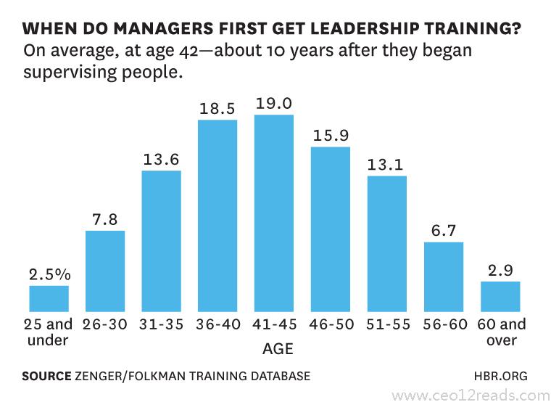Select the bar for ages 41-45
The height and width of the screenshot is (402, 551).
click(x=274, y=213)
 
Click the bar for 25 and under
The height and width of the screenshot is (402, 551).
click(x=49, y=298)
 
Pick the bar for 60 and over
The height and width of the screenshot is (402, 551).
click(x=500, y=296)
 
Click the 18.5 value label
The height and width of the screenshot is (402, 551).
click(x=217, y=109)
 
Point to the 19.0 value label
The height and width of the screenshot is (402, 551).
click(x=274, y=104)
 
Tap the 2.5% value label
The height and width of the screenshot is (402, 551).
click(x=49, y=274)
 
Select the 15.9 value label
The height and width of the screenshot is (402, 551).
click(x=331, y=136)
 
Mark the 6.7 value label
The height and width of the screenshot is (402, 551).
click(x=443, y=231)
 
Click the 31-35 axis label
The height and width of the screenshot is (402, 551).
click(x=162, y=324)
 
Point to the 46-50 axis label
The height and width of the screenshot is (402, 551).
click(x=331, y=324)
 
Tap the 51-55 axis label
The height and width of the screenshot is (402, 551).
click(x=387, y=324)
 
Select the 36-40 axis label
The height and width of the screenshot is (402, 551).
click(x=217, y=324)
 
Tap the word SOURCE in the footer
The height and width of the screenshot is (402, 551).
click(x=46, y=376)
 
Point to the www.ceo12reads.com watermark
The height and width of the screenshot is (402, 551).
click(x=470, y=395)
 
